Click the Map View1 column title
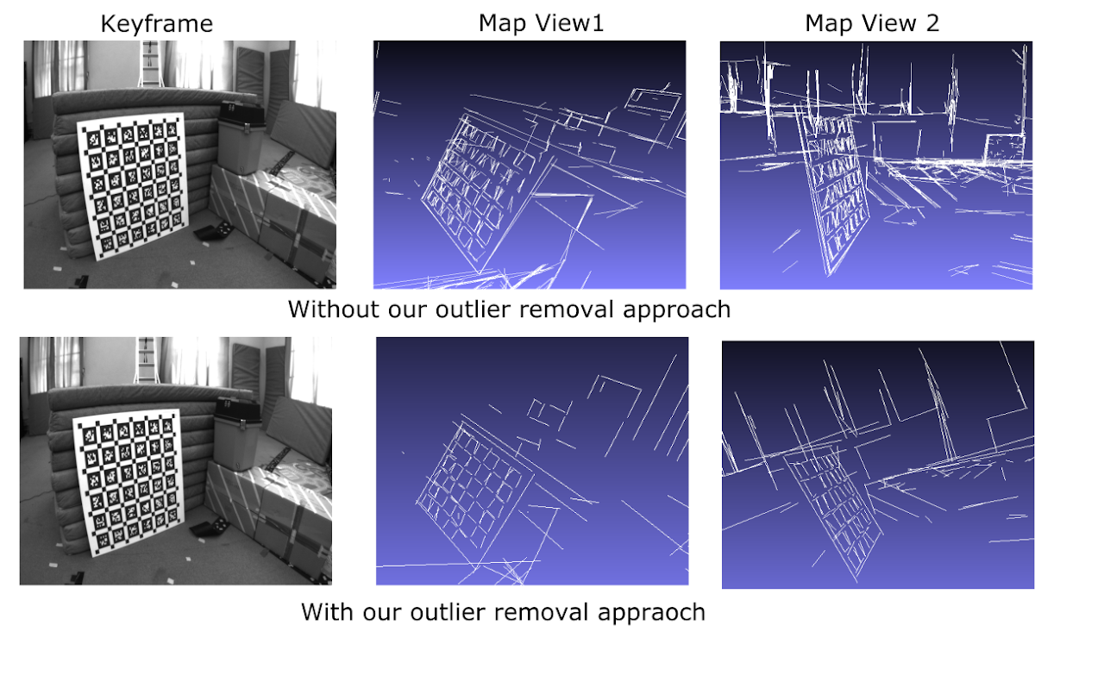[541, 23]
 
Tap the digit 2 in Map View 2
[931, 23]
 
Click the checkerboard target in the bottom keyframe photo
[129, 483]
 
